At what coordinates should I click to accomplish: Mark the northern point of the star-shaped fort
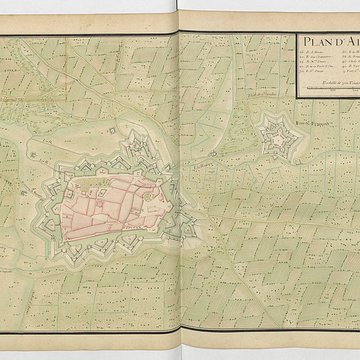click(x=271, y=113)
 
